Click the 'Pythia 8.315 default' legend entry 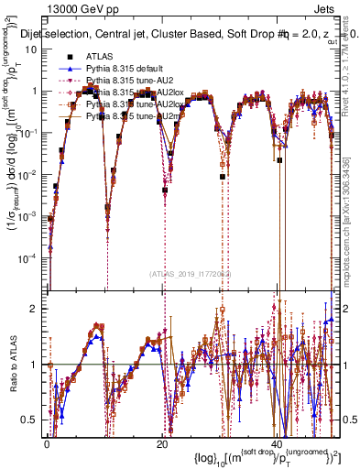coord(128,69)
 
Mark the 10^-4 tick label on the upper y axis coord(27,257)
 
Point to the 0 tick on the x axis coord(47,444)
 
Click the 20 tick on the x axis coord(161,444)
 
